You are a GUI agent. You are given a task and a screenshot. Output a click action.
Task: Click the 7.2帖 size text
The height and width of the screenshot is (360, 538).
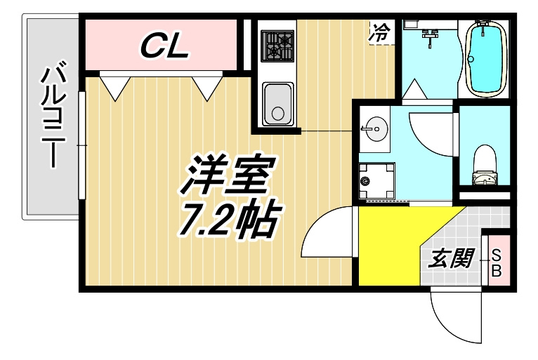pyautogui.click(x=229, y=220)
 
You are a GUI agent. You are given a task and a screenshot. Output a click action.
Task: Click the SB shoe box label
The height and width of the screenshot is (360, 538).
pyautogui.click(x=497, y=262)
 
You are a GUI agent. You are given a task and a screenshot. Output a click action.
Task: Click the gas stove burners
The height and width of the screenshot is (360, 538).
pyautogui.click(x=277, y=46)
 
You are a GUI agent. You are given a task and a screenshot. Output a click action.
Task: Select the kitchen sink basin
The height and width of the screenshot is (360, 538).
pyautogui.click(x=277, y=104)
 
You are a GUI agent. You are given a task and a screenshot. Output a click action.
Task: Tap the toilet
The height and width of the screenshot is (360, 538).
pyautogui.click(x=485, y=165)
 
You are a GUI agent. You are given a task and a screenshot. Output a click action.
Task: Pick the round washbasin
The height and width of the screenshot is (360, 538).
pyautogui.click(x=376, y=129)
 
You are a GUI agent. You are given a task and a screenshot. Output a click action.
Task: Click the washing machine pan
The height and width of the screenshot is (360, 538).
pyautogui.click(x=376, y=180)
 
